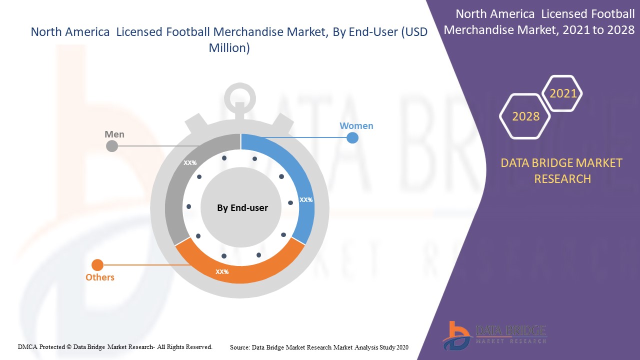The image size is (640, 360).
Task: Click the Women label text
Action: coord(356,126)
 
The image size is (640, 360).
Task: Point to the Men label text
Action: coord(114,134)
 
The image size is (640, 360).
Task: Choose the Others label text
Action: coord(100,277)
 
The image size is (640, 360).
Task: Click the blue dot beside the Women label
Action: coord(352,137)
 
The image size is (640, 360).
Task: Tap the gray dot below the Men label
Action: coord(112,146)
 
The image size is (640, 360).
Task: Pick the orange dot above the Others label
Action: coord(97,265)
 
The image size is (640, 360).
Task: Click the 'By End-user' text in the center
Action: coord(242,207)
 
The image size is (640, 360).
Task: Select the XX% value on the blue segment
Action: coord(306,199)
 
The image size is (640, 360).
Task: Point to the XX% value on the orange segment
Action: coord(222,272)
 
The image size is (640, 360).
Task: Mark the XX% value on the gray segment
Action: coord(190,163)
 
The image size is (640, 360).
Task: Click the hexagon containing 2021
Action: coord(563,93)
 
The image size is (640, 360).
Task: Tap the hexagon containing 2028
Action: coord(525,116)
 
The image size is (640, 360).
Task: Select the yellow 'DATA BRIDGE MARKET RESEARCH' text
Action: coord(562,170)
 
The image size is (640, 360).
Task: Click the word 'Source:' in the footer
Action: coord(240,347)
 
